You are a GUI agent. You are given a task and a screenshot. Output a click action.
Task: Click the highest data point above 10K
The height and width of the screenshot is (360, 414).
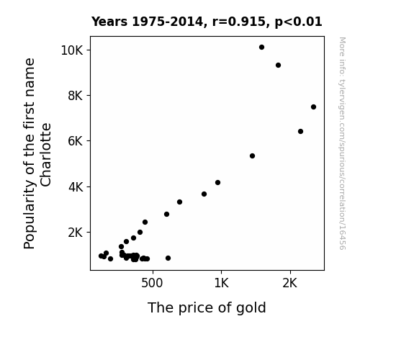tap(261, 48)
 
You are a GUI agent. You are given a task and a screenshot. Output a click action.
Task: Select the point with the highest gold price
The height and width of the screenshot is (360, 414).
tap(313, 107)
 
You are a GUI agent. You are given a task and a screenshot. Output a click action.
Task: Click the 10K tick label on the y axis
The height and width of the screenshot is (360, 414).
tap(72, 50)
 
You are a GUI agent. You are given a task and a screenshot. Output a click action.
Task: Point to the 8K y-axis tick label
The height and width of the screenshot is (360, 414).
tap(76, 96)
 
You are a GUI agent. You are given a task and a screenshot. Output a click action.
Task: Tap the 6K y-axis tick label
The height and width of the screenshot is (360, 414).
tap(76, 141)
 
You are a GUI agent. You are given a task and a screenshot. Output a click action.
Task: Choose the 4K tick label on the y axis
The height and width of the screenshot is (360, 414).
tap(76, 187)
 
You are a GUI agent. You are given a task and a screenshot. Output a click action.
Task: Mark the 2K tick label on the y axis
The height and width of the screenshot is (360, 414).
tap(76, 233)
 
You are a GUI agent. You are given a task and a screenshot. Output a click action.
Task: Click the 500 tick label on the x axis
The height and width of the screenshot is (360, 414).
tap(152, 283)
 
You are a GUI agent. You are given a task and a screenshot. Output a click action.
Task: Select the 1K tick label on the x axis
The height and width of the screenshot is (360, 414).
tap(221, 283)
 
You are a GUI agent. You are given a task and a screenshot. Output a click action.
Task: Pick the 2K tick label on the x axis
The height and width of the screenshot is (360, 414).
tap(290, 283)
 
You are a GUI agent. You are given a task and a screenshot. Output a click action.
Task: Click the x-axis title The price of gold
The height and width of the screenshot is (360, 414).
tap(207, 308)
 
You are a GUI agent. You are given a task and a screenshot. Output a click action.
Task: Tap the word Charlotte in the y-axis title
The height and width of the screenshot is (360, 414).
tap(45, 155)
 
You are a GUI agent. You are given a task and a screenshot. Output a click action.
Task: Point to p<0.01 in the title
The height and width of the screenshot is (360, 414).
tap(298, 22)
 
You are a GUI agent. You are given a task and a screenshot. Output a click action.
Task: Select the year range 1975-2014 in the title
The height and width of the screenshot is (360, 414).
tap(168, 22)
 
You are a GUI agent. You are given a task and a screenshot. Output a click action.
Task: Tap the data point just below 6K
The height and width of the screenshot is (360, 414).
tap(252, 156)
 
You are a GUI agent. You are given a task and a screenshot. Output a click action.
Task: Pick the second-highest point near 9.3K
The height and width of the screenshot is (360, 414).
tap(278, 66)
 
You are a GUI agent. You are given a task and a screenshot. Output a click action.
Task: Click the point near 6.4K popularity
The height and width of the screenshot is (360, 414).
tap(300, 132)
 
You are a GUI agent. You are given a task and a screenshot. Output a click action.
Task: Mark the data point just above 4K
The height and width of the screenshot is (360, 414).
tap(217, 182)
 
